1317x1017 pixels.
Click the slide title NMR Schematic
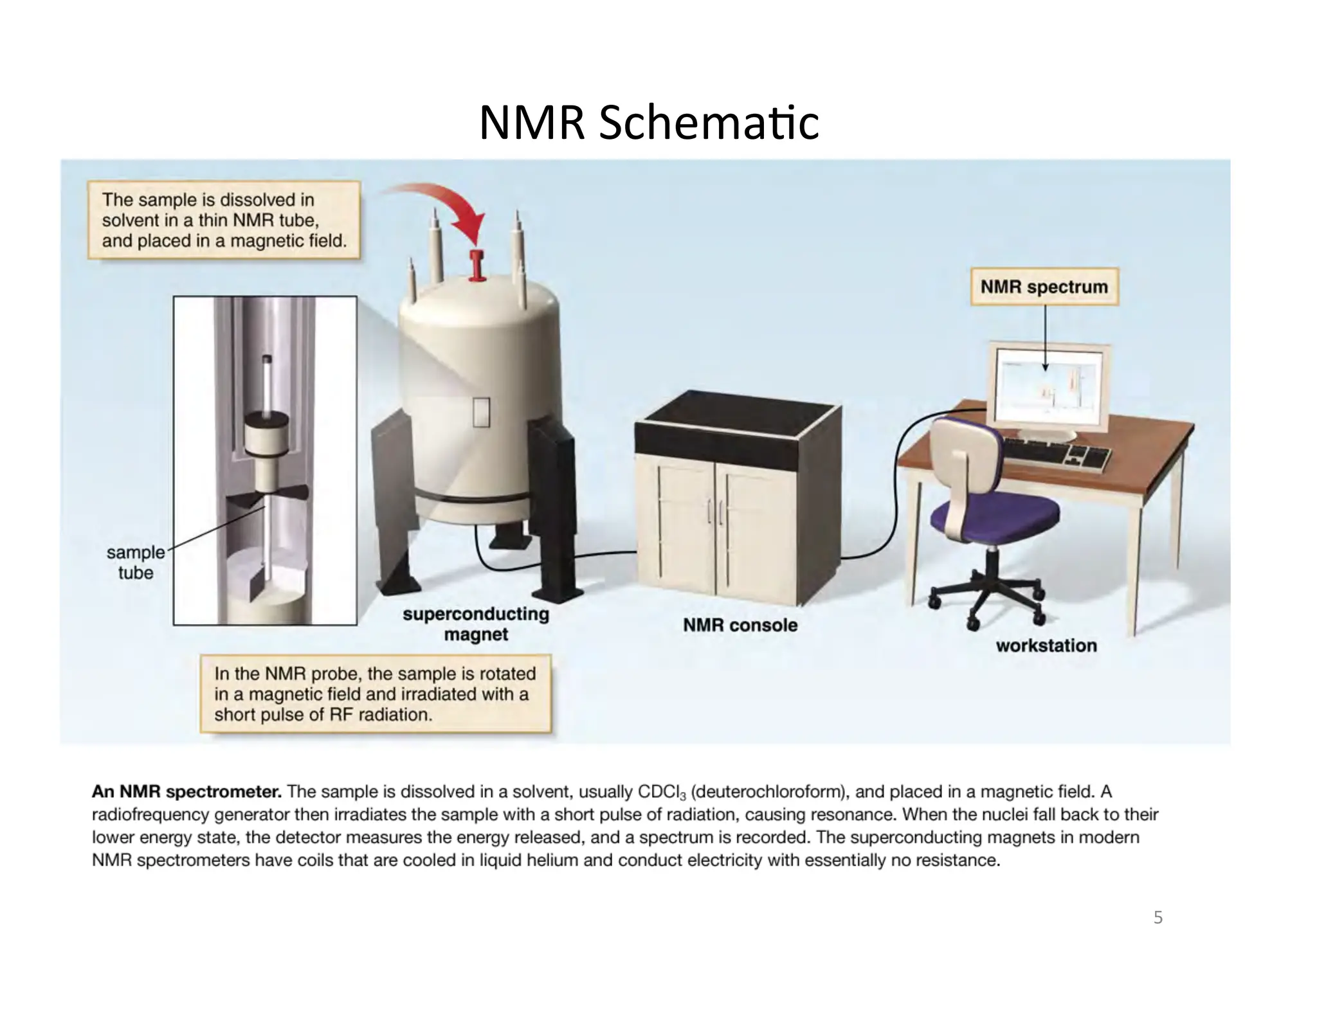point(649,122)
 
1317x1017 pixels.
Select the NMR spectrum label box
point(1044,287)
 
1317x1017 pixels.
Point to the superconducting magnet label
point(476,624)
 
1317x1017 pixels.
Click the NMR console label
point(740,625)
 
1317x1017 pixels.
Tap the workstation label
point(1046,645)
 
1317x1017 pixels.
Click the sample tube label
point(136,562)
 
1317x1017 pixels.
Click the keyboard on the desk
point(1055,454)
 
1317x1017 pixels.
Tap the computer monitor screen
point(1053,388)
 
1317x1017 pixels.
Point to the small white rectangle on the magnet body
point(481,413)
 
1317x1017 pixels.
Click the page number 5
point(1158,917)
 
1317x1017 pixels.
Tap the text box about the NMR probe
point(375,694)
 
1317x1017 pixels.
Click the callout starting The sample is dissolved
point(223,221)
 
